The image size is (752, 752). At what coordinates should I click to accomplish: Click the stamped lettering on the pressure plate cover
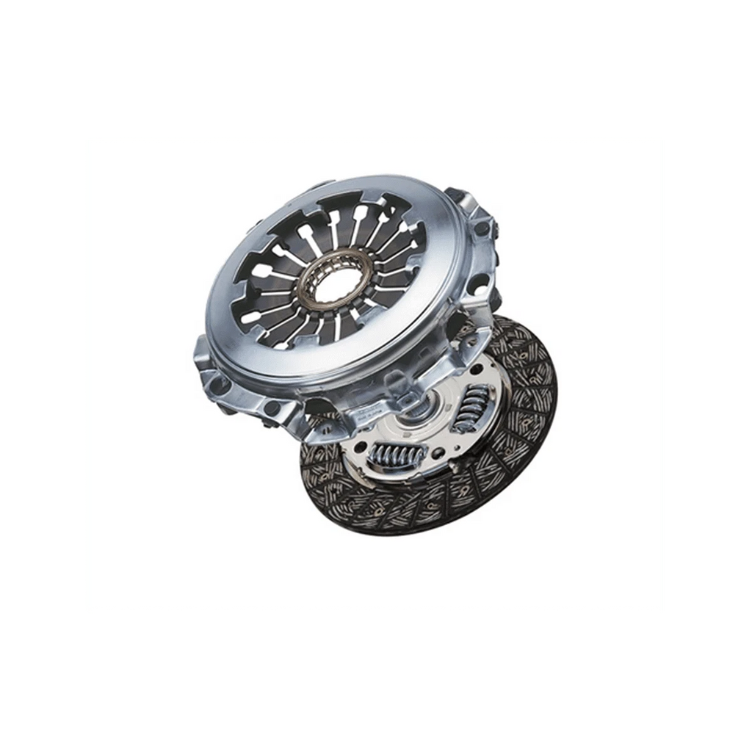382,417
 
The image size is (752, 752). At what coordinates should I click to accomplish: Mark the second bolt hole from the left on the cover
272,408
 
